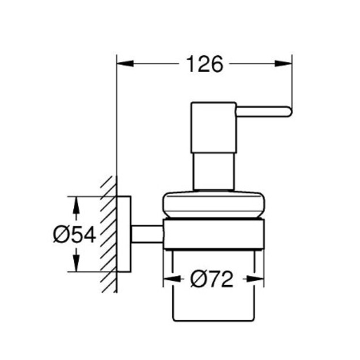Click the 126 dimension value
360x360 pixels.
coord(205,64)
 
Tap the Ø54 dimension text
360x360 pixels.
coord(74,234)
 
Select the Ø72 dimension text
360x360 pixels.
coord(212,279)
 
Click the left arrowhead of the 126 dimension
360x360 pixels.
coord(125,63)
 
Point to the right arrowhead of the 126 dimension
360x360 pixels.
coord(283,63)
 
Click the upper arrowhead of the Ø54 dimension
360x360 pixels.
coord(76,205)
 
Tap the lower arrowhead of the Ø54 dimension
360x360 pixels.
coord(76,263)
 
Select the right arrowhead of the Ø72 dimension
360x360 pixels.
coord(255,279)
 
